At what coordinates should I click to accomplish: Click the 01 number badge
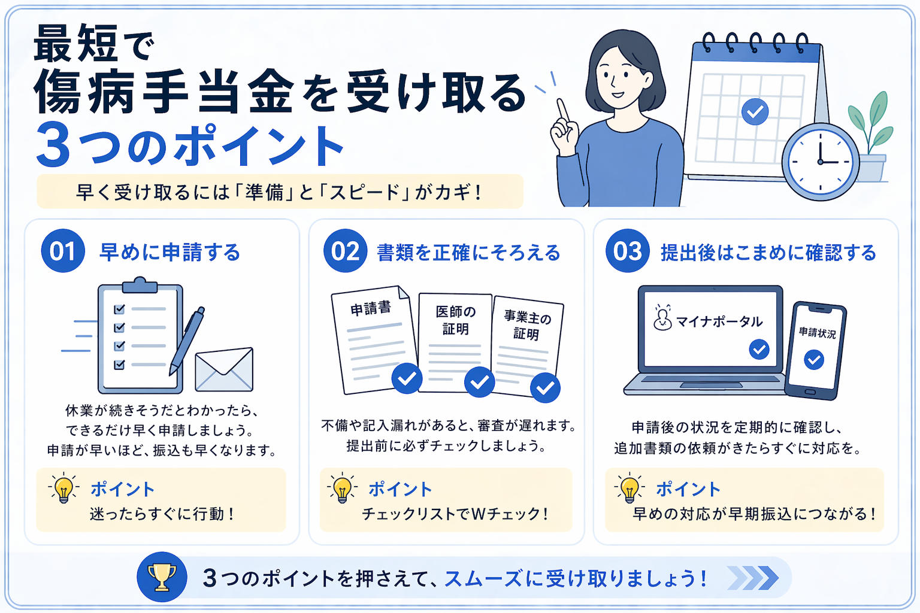[x=63, y=250]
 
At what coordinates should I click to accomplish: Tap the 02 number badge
[x=345, y=250]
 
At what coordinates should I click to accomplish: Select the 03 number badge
[x=627, y=250]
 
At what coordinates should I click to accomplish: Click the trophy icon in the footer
[x=162, y=577]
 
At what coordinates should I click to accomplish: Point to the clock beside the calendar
[x=820, y=162]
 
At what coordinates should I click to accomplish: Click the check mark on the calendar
[x=755, y=112]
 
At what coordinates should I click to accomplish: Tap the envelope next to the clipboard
[x=224, y=369]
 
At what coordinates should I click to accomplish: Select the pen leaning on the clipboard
[x=187, y=341]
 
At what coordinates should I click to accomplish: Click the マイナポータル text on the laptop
[x=719, y=321]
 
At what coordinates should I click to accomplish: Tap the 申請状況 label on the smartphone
[x=817, y=332]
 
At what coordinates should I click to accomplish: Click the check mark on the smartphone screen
[x=813, y=360]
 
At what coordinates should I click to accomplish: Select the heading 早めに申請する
[x=170, y=251]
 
